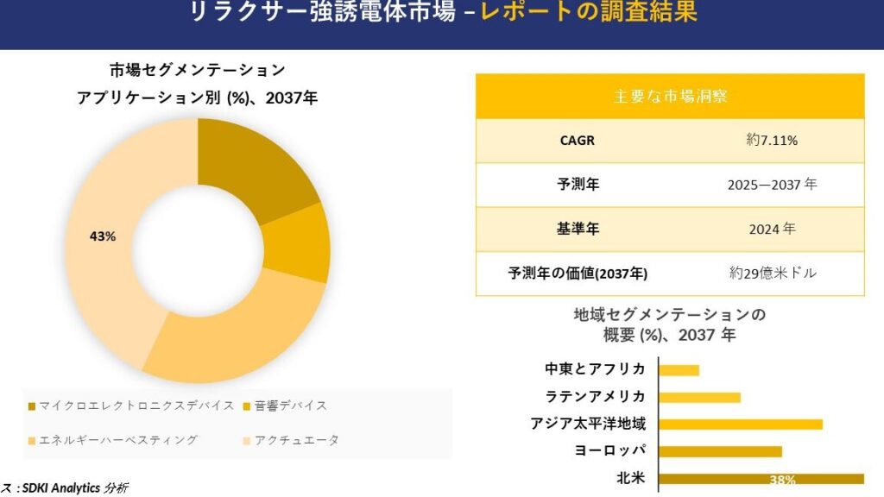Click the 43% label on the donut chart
pos(103,236)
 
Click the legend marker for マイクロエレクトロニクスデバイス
pos(32,406)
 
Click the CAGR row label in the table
pos(578,141)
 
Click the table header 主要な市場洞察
pos(670,96)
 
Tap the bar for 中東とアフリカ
pos(679,370)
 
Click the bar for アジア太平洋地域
pos(741,424)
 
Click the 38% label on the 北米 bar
pos(783,480)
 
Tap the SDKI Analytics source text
pos(69,488)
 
